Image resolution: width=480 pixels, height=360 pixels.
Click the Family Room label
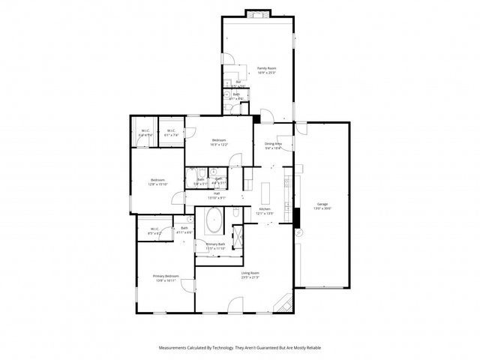266,67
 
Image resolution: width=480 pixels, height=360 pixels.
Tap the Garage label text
322,203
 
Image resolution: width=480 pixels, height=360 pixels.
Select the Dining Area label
273,143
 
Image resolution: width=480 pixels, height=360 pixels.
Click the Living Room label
250,272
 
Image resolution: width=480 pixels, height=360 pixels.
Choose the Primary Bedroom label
165,276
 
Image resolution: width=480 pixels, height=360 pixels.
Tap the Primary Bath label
216,244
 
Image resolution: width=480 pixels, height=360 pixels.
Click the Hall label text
217,193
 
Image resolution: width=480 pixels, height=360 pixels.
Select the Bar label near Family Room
238,82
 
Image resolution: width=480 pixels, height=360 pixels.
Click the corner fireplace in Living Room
285,301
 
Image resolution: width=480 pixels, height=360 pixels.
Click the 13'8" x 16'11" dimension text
165,280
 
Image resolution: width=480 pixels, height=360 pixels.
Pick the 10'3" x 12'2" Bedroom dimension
219,145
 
